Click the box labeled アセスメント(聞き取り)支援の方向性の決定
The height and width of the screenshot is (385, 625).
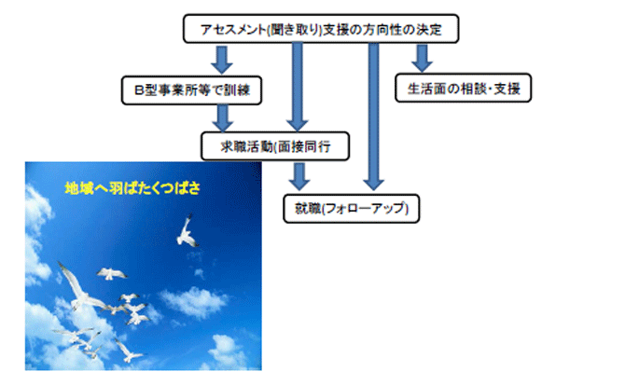click(x=321, y=29)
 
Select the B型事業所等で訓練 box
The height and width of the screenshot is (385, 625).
click(x=192, y=90)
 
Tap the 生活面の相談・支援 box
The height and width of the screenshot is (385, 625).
click(x=464, y=88)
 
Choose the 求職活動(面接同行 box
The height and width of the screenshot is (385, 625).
click(x=275, y=146)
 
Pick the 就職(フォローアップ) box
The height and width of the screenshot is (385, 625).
click(x=351, y=208)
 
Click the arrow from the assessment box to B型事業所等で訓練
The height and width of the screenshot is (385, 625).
click(x=222, y=60)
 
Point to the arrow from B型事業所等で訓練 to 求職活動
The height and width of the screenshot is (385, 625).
click(x=222, y=118)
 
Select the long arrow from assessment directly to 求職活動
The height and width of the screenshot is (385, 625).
click(x=297, y=87)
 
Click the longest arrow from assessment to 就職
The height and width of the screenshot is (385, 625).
click(x=373, y=117)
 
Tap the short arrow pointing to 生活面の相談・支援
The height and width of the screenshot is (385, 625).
click(x=423, y=58)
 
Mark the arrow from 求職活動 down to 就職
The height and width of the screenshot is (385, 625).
click(x=299, y=176)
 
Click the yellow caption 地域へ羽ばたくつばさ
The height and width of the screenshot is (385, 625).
click(x=132, y=188)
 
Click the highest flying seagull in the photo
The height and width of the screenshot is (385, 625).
click(x=187, y=232)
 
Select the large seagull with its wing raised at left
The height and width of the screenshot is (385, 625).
click(x=79, y=287)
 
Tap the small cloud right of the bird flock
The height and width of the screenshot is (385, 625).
click(x=194, y=301)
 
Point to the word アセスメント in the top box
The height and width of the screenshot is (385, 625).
click(x=233, y=30)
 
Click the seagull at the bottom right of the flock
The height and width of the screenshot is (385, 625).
click(x=129, y=351)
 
